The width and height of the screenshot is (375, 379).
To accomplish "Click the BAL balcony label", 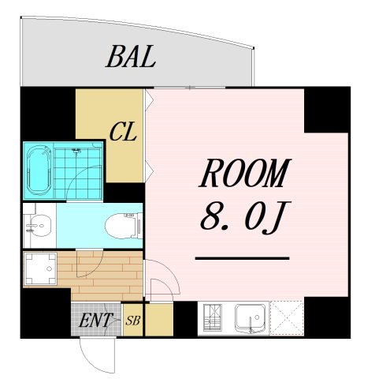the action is pyautogui.click(x=131, y=56).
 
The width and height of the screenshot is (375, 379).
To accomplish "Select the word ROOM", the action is pyautogui.click(x=245, y=173).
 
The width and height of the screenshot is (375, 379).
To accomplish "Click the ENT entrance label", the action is pyautogui.click(x=95, y=320).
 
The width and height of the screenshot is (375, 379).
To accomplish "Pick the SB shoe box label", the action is pyautogui.click(x=133, y=321).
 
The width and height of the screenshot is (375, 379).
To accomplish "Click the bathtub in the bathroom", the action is pyautogui.click(x=39, y=171).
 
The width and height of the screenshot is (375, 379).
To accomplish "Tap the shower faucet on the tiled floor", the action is pyautogui.click(x=76, y=152).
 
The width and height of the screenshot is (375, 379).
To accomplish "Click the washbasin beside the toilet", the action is pyautogui.click(x=39, y=226).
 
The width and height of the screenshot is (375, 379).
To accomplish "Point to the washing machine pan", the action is pyautogui.click(x=40, y=268).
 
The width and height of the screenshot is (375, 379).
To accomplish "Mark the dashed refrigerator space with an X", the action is pyautogui.click(x=287, y=318).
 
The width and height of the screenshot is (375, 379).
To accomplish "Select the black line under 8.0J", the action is pyautogui.click(x=242, y=258).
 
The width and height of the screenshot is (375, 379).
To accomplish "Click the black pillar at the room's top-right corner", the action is pyautogui.click(x=327, y=110).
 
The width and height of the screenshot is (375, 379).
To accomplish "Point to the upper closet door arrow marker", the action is pyautogui.click(x=149, y=100).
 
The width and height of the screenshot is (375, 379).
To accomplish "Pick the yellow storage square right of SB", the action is pyautogui.click(x=159, y=320).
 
